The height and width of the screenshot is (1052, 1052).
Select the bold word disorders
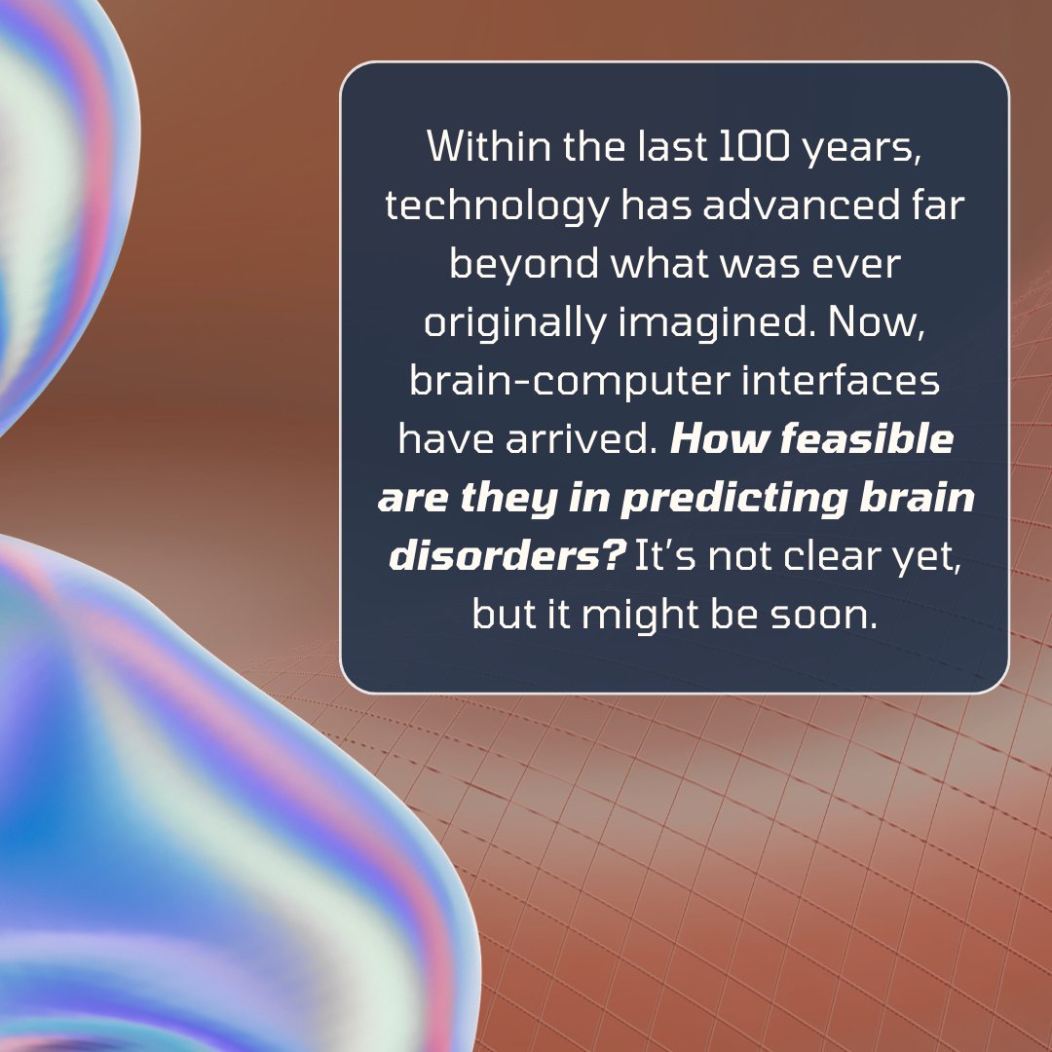497,557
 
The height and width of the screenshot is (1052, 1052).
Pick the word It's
662,557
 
